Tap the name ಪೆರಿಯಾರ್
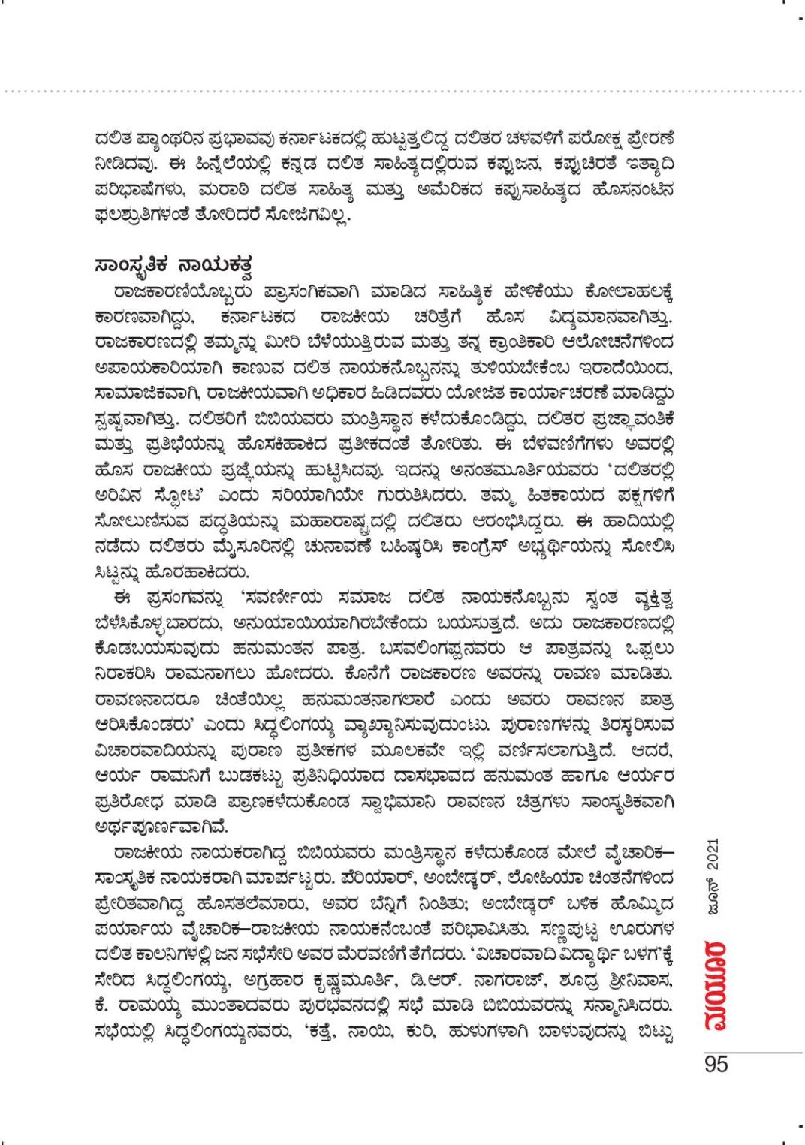pos(372,875)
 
